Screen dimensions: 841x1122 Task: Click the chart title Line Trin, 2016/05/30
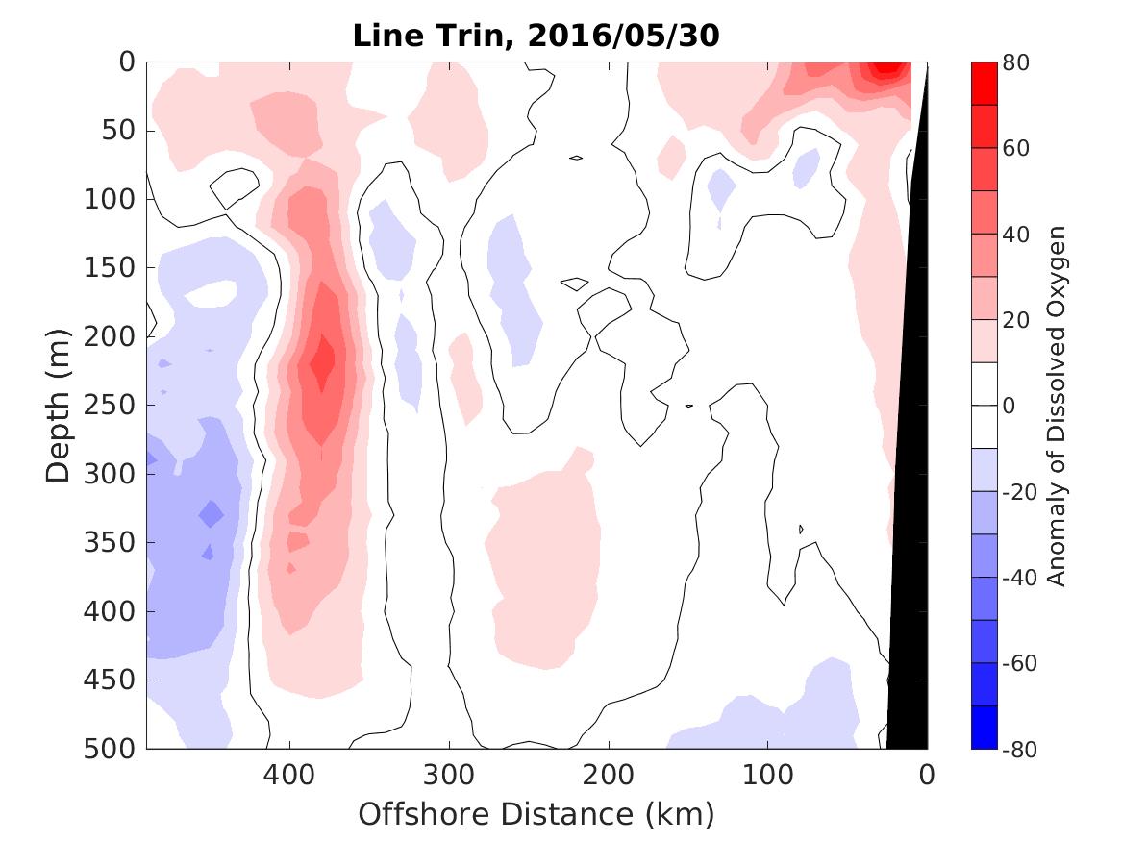point(536,36)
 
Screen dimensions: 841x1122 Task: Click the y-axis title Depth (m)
point(59,405)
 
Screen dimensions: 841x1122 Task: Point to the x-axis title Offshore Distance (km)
point(536,814)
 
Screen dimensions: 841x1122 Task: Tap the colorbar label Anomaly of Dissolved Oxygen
point(1057,405)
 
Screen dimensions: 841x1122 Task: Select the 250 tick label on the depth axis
point(114,406)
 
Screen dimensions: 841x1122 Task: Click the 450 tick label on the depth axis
point(114,680)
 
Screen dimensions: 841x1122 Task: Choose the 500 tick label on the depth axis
point(114,749)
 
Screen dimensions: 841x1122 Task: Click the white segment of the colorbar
point(985,405)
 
